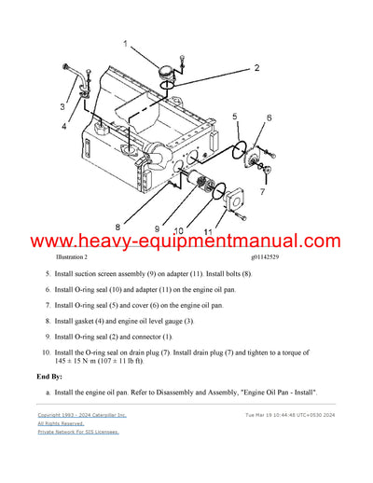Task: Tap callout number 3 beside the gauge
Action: [63, 106]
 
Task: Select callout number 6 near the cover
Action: [269, 117]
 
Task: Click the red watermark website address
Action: [186, 241]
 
